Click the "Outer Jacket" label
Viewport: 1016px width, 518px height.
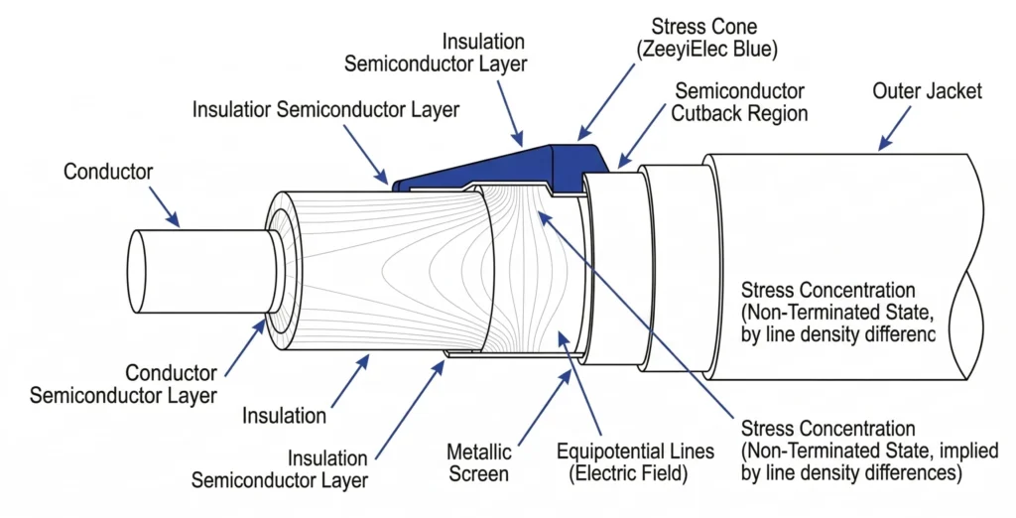(x=927, y=91)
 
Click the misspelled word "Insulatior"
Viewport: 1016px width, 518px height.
(x=234, y=109)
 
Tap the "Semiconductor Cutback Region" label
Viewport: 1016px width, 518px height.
(x=738, y=102)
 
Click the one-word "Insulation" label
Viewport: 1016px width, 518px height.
(x=285, y=416)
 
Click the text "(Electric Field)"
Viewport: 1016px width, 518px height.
(x=628, y=474)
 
